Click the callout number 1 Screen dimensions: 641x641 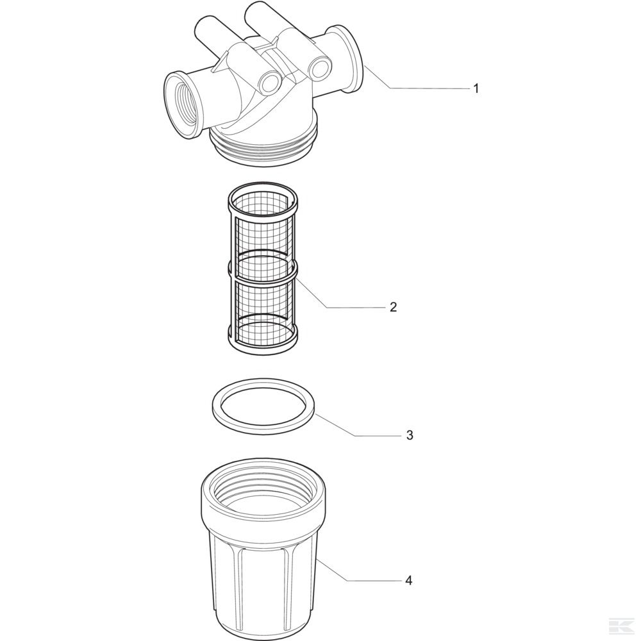point(475,88)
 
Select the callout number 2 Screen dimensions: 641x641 point(392,307)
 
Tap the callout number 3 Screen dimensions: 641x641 point(409,435)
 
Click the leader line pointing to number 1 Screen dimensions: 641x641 point(417,88)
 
